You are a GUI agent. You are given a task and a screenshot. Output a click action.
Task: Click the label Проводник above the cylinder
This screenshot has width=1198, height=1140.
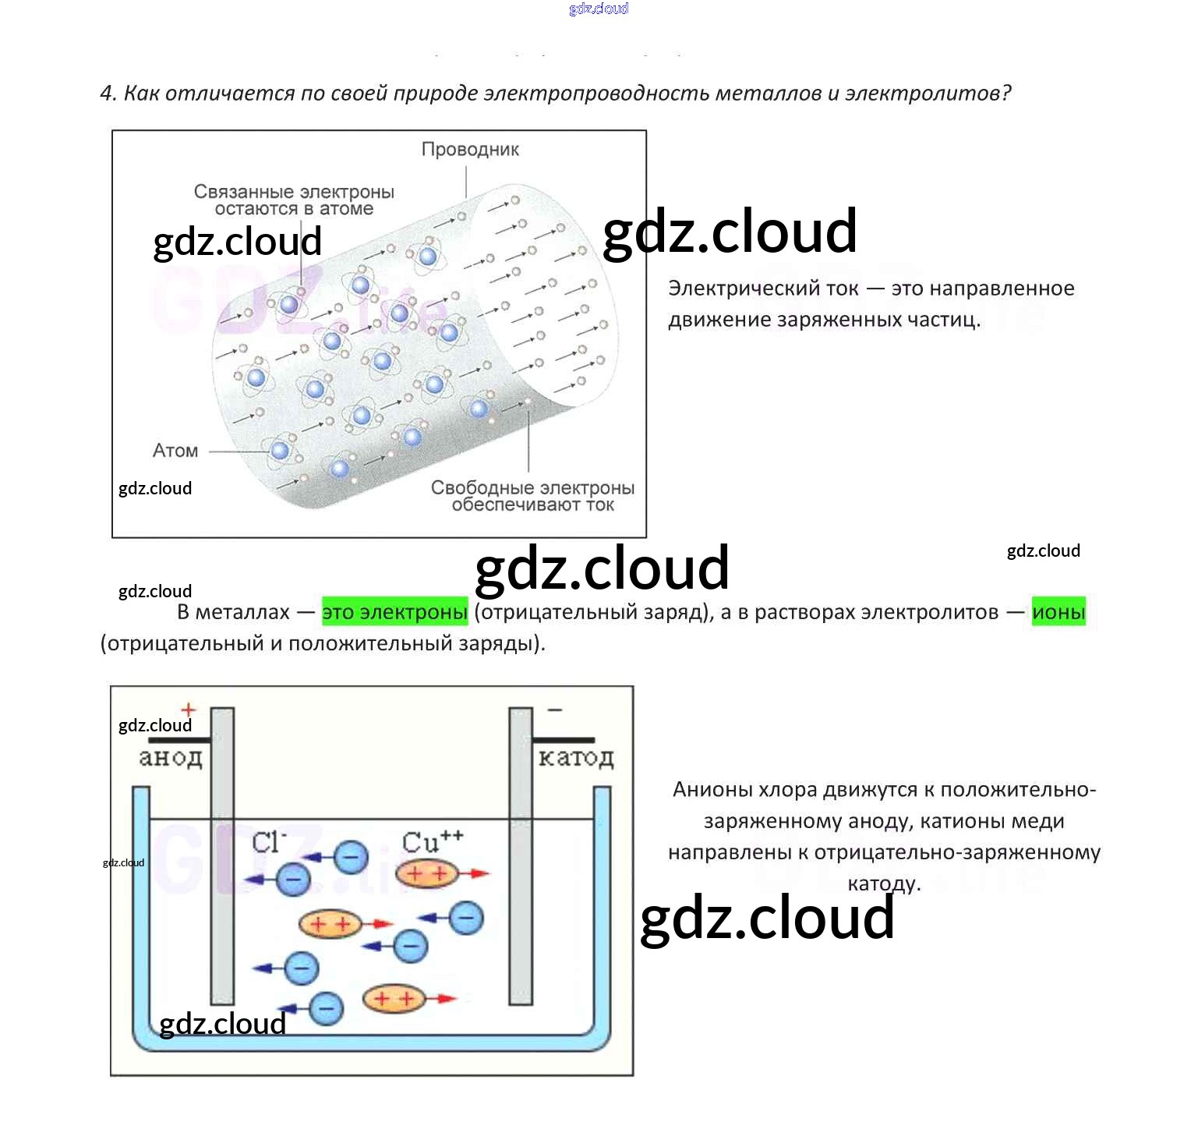pyautogui.click(x=470, y=149)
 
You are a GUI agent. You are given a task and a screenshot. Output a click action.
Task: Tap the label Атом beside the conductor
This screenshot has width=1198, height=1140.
pyautogui.click(x=175, y=451)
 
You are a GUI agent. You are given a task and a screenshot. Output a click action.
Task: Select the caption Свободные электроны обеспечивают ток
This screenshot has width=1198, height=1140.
pyautogui.click(x=532, y=496)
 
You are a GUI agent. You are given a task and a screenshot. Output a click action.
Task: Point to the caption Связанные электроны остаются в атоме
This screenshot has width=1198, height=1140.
pyautogui.click(x=294, y=200)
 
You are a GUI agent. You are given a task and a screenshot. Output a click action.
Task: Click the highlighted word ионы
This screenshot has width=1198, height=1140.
pyautogui.click(x=1058, y=612)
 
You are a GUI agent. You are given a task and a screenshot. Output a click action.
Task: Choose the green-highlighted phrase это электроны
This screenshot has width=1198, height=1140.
pyautogui.click(x=394, y=612)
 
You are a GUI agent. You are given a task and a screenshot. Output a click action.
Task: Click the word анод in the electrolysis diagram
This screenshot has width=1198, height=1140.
pyautogui.click(x=171, y=757)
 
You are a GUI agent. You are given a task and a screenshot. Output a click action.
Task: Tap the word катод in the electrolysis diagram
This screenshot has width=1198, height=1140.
pyautogui.click(x=576, y=757)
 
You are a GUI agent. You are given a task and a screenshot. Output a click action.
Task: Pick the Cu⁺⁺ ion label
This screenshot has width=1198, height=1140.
pyautogui.click(x=432, y=841)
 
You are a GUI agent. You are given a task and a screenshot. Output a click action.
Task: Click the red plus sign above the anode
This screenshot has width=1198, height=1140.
pyautogui.click(x=189, y=710)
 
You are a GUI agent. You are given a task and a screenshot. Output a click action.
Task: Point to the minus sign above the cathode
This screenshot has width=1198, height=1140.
pyautogui.click(x=555, y=710)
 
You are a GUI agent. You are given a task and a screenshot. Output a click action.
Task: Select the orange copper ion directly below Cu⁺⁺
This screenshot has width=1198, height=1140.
pyautogui.click(x=426, y=873)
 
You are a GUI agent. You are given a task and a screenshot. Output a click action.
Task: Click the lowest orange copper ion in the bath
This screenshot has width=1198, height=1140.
pyautogui.click(x=394, y=998)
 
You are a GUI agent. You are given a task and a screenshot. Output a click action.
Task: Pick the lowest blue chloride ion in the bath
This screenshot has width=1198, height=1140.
pyautogui.click(x=327, y=1007)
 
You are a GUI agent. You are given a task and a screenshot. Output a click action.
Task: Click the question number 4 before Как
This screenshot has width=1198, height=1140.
pyautogui.click(x=108, y=94)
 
